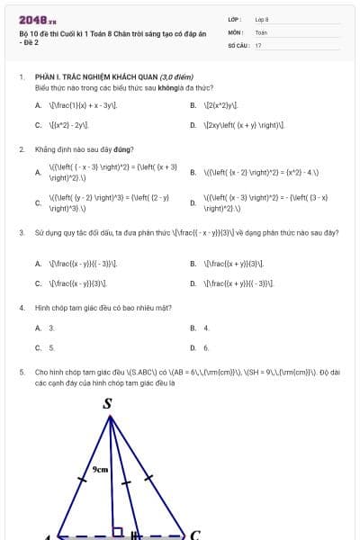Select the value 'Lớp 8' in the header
click(x=262, y=18)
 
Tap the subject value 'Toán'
click(x=261, y=31)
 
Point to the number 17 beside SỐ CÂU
click(x=258, y=44)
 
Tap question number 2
click(x=21, y=148)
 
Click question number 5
click(x=21, y=371)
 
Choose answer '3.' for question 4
click(x=51, y=328)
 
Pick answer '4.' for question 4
click(x=206, y=328)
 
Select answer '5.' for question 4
click(x=51, y=347)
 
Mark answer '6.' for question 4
click(x=206, y=347)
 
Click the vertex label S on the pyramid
click(x=109, y=403)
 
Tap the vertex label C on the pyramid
click(x=193, y=534)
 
